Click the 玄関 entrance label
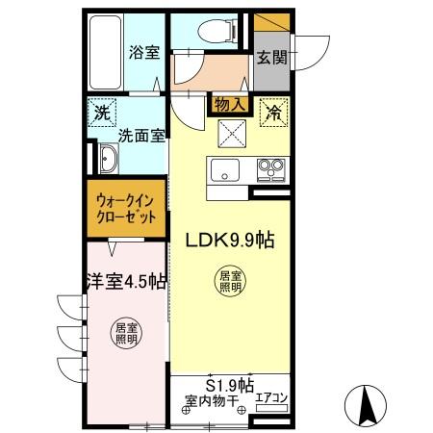pyautogui.click(x=269, y=57)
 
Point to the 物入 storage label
pyautogui.click(x=230, y=101)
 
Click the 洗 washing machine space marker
pyautogui.click(x=102, y=114)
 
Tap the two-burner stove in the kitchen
pyautogui.click(x=270, y=170)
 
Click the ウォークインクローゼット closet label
pyautogui.click(x=126, y=209)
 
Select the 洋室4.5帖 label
pyautogui.click(x=125, y=281)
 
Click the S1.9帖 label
pyautogui.click(x=229, y=380)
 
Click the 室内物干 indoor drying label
pyautogui.click(x=211, y=397)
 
